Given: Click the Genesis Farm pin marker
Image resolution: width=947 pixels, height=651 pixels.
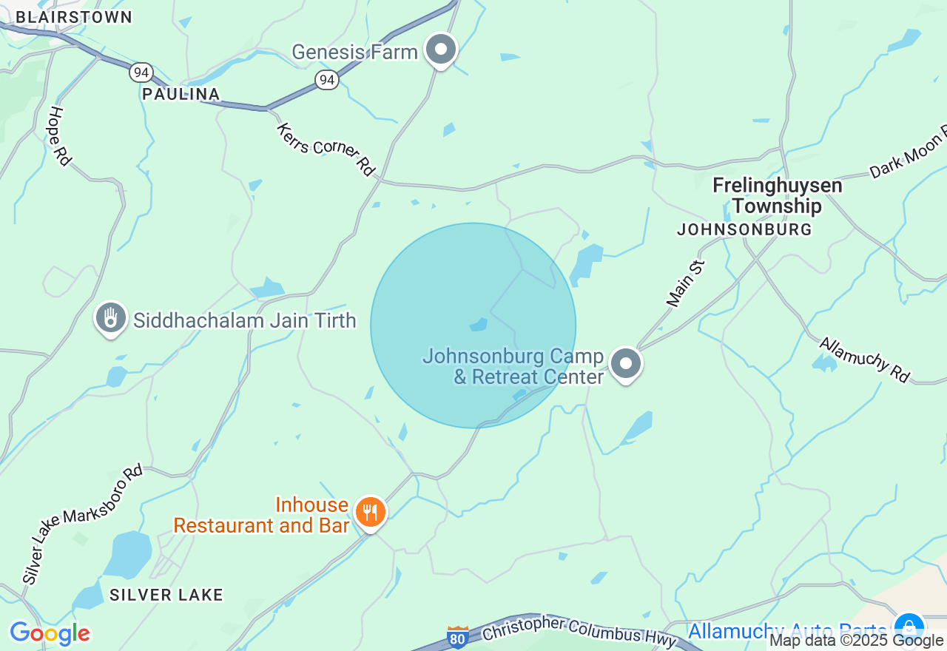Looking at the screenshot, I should (442, 50).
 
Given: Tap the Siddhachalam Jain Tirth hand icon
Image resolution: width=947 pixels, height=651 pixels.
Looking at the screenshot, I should (110, 318).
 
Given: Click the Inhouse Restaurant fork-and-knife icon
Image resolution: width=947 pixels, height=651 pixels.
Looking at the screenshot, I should (370, 512).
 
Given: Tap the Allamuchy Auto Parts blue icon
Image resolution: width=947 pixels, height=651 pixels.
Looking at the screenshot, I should (909, 627).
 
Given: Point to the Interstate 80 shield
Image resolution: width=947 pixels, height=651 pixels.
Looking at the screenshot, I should (458, 637).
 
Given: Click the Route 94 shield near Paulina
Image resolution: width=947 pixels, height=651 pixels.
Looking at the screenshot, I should (141, 72).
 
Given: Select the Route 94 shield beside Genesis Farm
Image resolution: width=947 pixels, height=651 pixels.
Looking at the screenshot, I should (326, 79).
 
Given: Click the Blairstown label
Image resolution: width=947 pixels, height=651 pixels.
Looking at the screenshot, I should (74, 17).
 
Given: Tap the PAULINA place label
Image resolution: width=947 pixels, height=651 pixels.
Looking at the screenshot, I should (181, 94).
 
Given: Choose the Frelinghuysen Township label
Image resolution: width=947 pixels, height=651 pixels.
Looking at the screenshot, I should (777, 195).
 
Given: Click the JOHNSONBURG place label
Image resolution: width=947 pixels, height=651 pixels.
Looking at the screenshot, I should (744, 229).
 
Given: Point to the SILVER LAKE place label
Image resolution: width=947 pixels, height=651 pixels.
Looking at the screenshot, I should (166, 595).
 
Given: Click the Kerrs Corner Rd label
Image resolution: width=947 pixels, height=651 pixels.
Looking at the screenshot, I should (326, 149).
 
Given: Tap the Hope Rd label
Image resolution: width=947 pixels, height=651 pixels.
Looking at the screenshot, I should (58, 136).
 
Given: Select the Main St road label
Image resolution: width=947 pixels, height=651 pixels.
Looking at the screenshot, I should (686, 283).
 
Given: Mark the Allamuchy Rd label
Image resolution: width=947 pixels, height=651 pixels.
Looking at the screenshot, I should (864, 360).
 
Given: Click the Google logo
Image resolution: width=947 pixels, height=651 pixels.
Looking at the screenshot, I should (50, 633).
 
